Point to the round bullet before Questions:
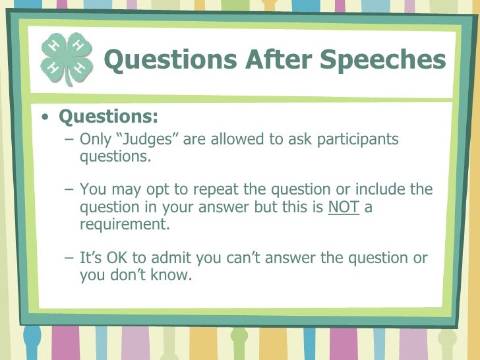tap(44, 118)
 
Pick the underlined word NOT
tap(343, 207)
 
